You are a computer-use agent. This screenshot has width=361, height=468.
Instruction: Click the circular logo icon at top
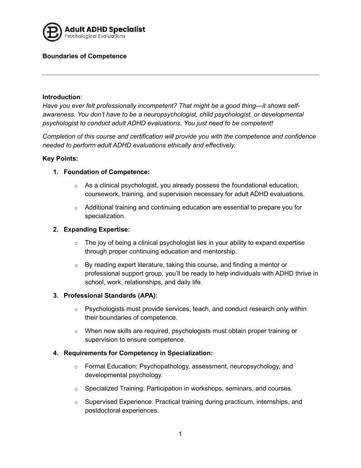53,32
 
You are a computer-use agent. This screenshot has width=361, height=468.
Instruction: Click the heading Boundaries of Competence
84,56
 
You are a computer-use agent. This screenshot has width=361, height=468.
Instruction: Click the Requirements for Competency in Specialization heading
138,353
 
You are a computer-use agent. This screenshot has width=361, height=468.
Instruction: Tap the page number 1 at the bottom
180,434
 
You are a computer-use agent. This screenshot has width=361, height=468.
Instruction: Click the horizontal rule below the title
180,75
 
